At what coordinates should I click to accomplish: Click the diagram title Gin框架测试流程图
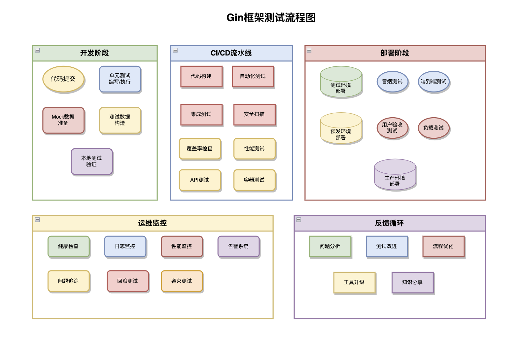271,18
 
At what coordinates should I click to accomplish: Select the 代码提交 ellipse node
63,79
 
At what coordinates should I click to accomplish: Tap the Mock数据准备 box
63,120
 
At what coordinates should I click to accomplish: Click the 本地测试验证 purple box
91,161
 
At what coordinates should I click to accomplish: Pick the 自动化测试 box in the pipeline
253,76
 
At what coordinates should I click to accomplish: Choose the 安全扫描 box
254,114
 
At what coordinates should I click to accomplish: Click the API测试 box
199,180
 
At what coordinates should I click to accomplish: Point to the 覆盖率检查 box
199,149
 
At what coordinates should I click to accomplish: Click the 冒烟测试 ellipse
392,82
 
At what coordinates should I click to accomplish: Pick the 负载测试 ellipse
434,128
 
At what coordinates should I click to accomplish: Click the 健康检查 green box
68,246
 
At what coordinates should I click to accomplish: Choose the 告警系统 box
238,246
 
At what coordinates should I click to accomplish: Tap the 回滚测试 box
127,281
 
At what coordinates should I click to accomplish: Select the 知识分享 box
412,282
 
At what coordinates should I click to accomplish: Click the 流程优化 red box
443,246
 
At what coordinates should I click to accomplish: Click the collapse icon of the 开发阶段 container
37,50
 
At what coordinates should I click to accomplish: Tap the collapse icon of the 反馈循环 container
299,220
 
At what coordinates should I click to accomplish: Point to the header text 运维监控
152,223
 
